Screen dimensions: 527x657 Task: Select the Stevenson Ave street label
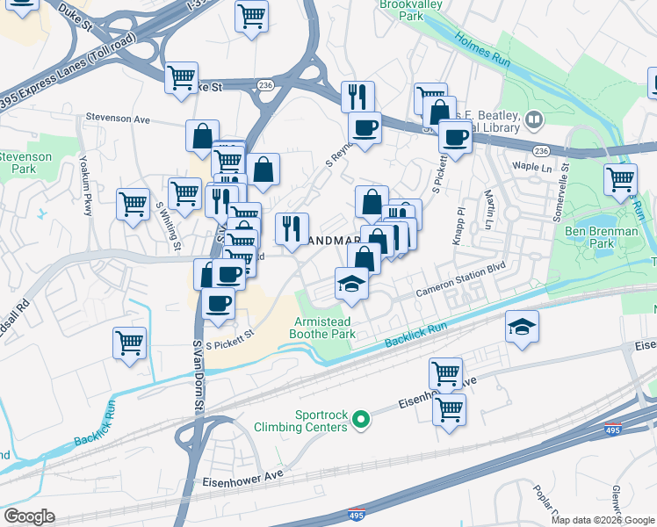120,116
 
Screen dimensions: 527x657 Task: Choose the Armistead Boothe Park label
325,328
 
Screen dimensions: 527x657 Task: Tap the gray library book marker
534,119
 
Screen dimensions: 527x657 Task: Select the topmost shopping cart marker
251,15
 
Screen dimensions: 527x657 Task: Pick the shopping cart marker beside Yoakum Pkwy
132,204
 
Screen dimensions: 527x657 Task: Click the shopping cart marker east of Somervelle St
620,178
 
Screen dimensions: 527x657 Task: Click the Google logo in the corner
29,516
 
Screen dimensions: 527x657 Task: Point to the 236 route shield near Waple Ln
541,151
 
